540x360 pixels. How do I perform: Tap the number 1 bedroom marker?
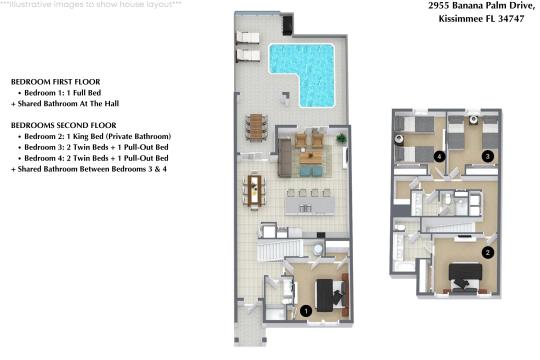[306, 311]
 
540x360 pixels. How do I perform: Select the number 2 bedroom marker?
[487, 253]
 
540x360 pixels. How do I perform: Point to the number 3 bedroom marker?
[487, 156]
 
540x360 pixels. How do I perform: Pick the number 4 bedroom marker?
[440, 156]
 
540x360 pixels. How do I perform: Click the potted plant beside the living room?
[342, 137]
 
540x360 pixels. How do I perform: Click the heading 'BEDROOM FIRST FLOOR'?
[55, 81]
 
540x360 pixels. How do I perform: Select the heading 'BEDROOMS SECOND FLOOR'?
[60, 125]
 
